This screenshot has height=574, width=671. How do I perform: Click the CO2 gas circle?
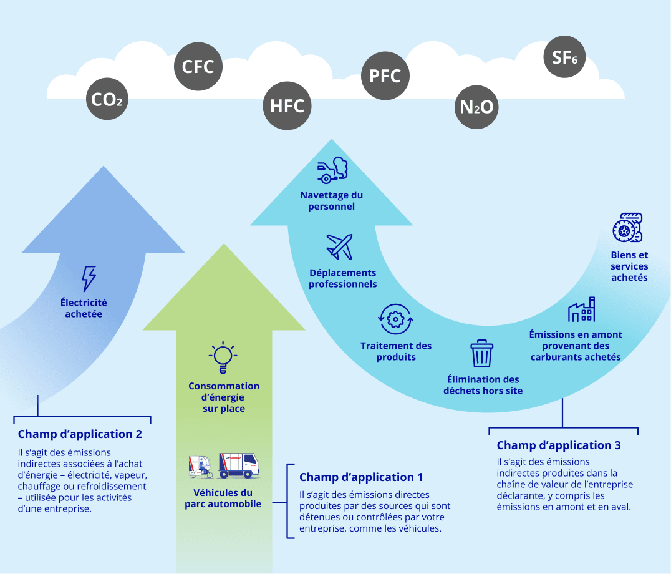pos(107,99)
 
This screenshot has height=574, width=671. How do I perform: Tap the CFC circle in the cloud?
pos(198,66)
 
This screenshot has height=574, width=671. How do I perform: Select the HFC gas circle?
pos(287,105)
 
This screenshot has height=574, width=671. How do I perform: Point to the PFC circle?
pos(385,76)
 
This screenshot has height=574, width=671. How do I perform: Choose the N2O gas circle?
pos(476,107)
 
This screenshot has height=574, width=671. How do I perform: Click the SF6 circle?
pos(564,57)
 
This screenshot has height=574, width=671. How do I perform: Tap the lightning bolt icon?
pos(89,278)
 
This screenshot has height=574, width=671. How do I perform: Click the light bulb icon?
pos(223,356)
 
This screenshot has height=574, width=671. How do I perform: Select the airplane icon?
pos(340,246)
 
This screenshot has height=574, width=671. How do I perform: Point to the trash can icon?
pos(481,353)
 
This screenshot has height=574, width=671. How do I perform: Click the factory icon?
pos(581,309)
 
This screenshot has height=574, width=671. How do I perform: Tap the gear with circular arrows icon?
pos(395,319)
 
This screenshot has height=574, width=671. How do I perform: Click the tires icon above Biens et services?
pos(627,228)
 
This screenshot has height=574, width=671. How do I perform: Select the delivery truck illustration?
pos(238,465)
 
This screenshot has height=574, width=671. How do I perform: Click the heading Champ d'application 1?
pos(361,477)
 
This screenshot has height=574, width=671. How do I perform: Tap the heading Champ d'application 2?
pos(80,434)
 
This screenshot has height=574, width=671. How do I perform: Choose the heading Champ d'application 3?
pos(559,445)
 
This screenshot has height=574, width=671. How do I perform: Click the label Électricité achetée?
pos(84,308)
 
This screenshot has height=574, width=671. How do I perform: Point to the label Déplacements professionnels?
pos(343,278)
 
